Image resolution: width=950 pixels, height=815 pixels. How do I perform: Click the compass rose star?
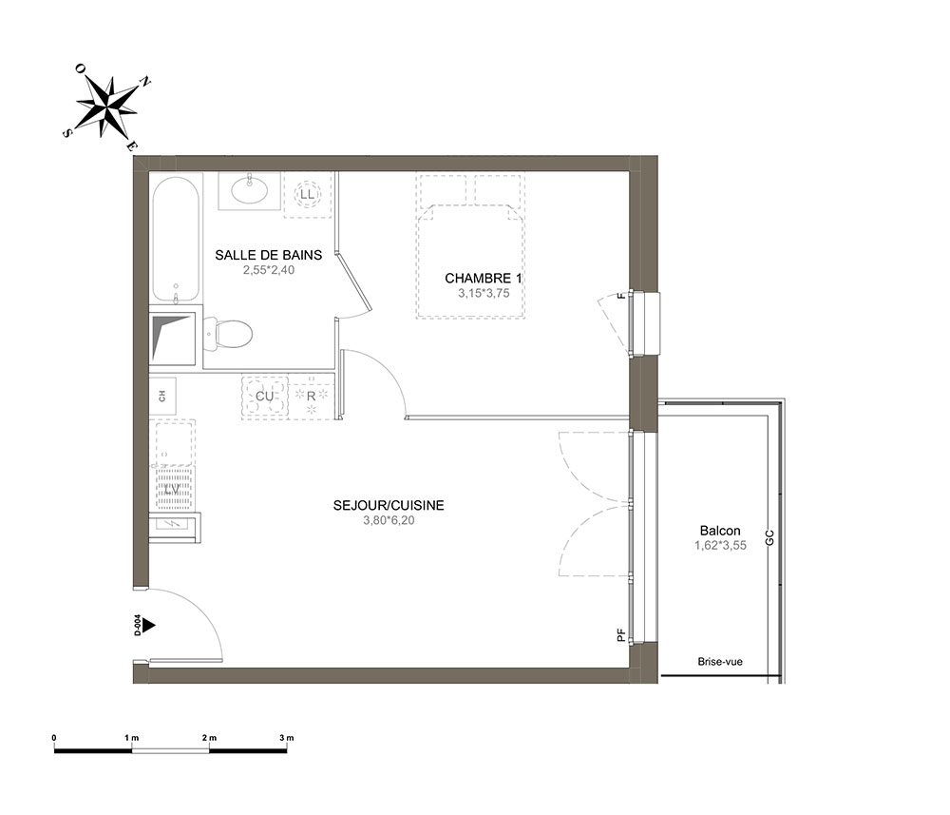pos(106,107)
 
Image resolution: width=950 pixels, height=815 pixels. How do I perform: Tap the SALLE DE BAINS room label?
pos(269,255)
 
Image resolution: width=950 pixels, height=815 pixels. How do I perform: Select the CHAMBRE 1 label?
pos(484,279)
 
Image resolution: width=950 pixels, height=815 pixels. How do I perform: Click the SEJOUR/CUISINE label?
pos(389,505)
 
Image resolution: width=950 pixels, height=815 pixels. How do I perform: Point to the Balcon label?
pos(720,531)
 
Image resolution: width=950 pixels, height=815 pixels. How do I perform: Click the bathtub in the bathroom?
pos(176,240)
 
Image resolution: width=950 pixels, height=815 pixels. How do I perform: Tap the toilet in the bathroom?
pos(227,334)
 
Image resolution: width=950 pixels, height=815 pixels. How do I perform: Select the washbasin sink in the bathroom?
pos(249,191)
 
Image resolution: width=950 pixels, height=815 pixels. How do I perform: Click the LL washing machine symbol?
pos(308,195)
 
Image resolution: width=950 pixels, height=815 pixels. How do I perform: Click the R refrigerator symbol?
pos(312,397)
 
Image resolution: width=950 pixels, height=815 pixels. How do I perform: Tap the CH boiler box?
pos(162,396)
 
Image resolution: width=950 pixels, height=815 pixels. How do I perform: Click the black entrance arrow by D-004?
pos(149,625)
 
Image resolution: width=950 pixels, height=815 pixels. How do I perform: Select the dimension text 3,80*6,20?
pos(389,520)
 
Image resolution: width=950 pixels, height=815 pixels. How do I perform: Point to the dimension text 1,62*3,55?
pos(720,545)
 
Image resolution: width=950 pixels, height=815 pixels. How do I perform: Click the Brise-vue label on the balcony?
pos(720,662)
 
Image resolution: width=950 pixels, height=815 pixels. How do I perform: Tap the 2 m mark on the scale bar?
pos(209,738)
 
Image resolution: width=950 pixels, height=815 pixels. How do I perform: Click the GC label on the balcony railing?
pos(770,538)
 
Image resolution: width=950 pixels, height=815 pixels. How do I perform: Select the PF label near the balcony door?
pos(621,635)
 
